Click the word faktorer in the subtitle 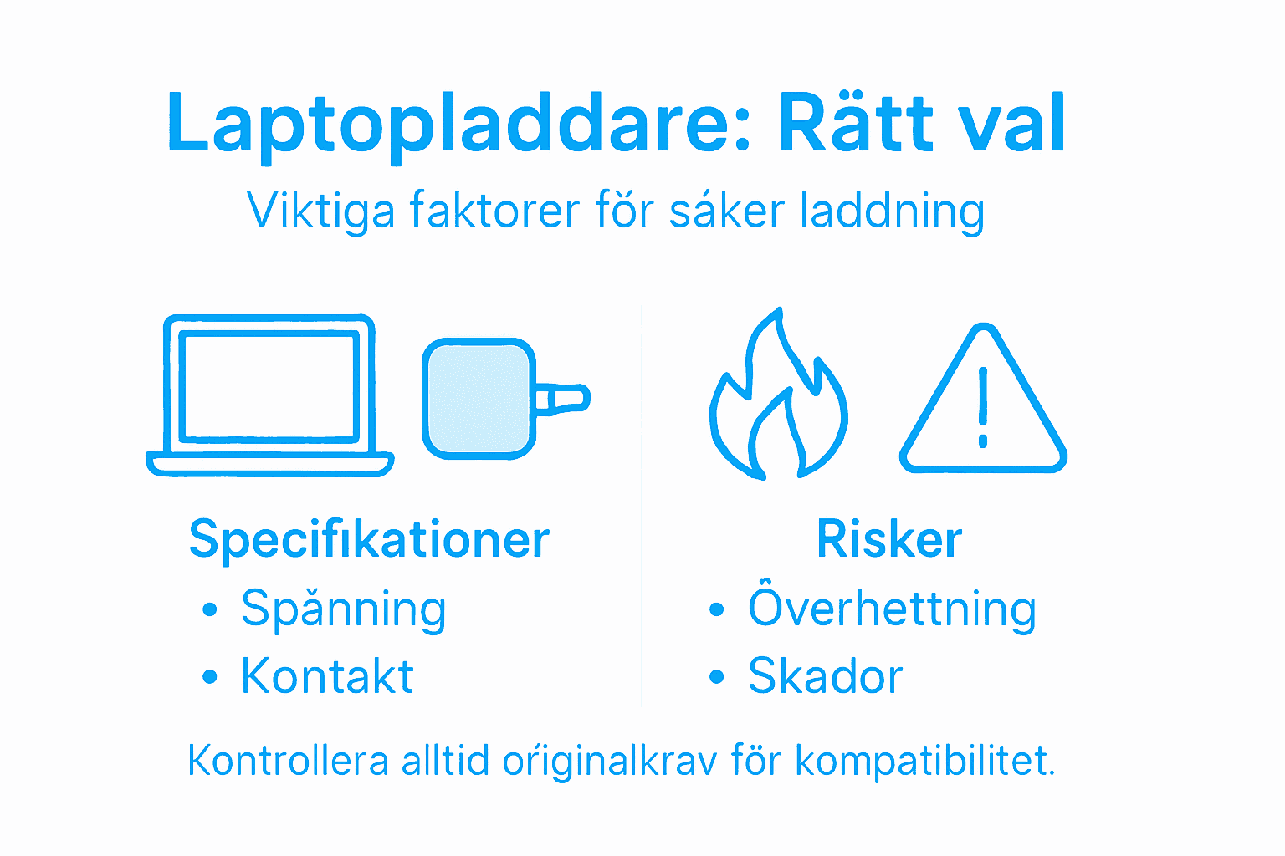click(x=494, y=210)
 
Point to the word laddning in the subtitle click(x=893, y=213)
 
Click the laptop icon click(x=269, y=395)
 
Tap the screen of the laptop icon click(x=269, y=387)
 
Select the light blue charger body click(x=479, y=399)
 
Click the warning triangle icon click(x=983, y=399)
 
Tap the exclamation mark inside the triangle click(x=983, y=407)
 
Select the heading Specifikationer click(x=370, y=539)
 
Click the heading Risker click(x=889, y=538)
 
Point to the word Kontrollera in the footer click(x=289, y=761)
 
